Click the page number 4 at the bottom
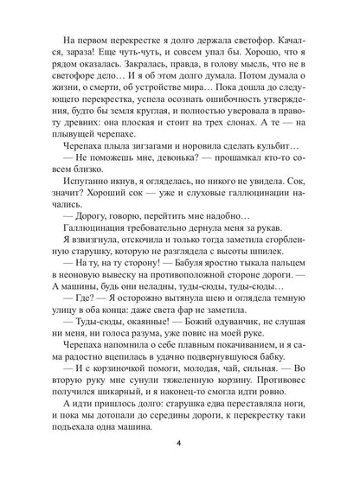[180, 445]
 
